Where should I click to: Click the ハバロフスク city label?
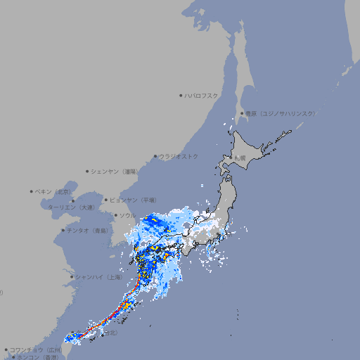pyautogui.click(x=202, y=95)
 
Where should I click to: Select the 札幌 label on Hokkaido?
pyautogui.click(x=240, y=159)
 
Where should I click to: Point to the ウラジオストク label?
pyautogui.click(x=179, y=156)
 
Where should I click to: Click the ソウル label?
pyautogui.click(x=127, y=215)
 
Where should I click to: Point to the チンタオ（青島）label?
pyautogui.click(x=88, y=230)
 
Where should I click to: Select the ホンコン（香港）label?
pyautogui.click(x=39, y=357)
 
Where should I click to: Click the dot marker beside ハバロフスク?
pyautogui.click(x=181, y=95)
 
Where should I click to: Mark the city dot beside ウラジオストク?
pyautogui.click(x=155, y=156)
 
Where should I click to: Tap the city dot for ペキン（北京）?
pyautogui.click(x=32, y=191)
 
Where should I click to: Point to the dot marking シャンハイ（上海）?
pyautogui.click(x=72, y=277)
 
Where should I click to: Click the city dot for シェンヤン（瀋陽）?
pyautogui.click(x=87, y=171)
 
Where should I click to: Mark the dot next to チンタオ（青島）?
pyautogui.click(x=63, y=230)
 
